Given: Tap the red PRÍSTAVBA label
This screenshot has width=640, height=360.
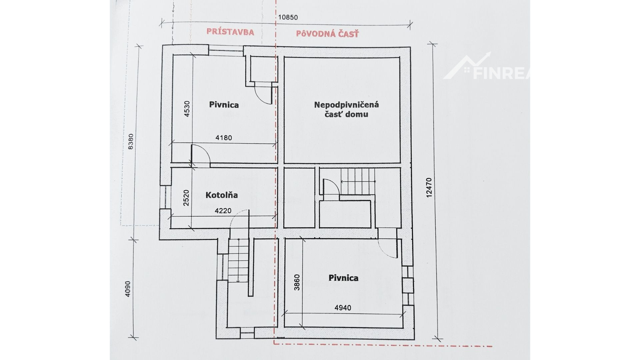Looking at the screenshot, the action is point(230,32).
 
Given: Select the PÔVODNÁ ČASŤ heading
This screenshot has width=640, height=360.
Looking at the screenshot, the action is point(327,34).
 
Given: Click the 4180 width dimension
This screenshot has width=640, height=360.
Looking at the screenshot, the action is point(223,137).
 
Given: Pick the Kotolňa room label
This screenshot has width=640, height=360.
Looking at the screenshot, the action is point(222,195).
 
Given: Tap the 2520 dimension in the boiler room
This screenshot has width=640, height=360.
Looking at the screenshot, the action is point(187,198).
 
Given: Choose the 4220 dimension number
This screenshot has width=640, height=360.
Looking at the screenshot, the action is point(223,211).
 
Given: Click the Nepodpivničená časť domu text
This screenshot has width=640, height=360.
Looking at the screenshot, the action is point(347,110).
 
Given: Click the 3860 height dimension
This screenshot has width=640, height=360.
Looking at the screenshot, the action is point(297,282).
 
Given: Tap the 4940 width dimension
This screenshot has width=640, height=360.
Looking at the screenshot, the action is point(343,308).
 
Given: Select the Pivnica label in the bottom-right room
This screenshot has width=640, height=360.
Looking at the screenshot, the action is point(343,278).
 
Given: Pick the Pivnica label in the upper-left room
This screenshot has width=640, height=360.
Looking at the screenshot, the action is point(224,105).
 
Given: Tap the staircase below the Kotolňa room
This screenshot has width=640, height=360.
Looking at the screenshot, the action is point(239,260).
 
